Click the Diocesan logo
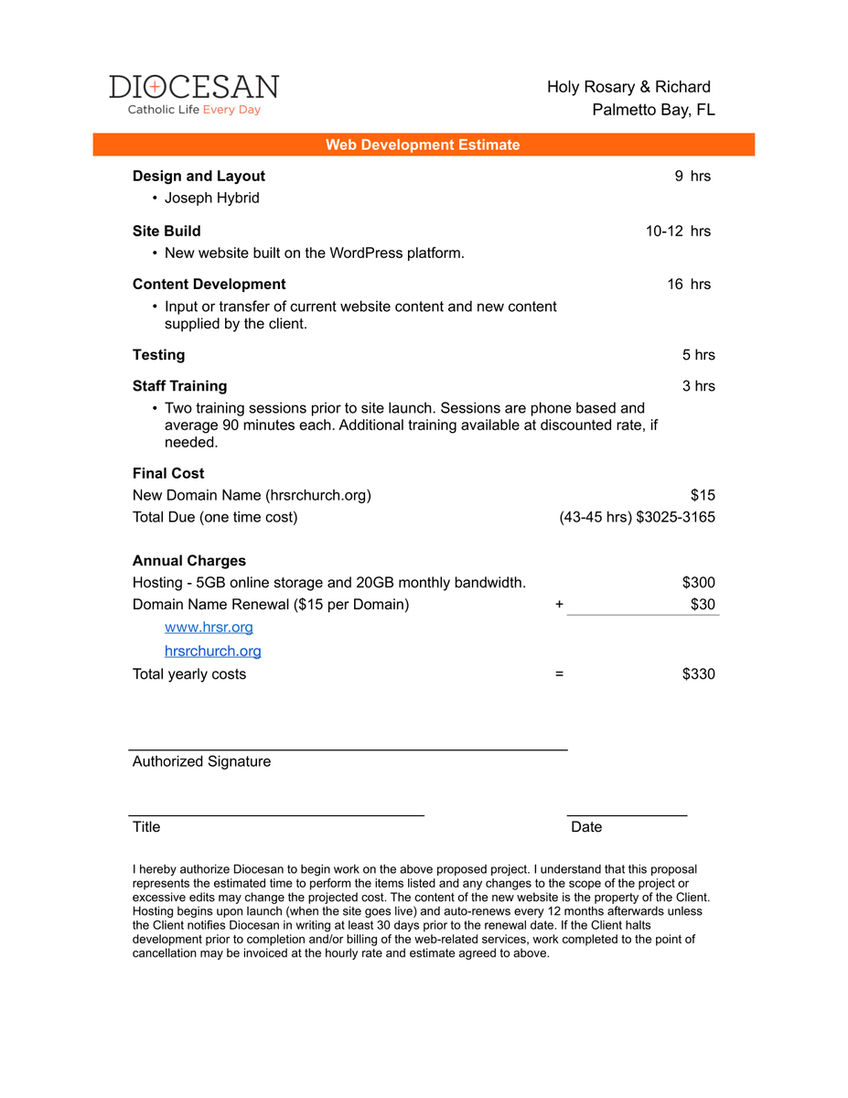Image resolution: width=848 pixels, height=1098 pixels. (x=194, y=94)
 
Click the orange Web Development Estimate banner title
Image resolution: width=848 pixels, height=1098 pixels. (x=423, y=145)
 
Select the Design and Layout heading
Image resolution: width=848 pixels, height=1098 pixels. (x=199, y=176)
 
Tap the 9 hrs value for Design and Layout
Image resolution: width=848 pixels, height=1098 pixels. (x=692, y=176)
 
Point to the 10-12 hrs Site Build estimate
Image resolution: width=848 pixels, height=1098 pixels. (x=678, y=231)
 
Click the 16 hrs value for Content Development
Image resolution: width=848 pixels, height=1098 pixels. (x=689, y=284)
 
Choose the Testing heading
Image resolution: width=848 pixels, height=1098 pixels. (x=158, y=354)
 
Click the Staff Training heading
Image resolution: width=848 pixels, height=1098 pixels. (x=179, y=385)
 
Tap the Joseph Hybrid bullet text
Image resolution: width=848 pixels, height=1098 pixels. (x=211, y=198)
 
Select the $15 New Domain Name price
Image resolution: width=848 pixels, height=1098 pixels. (x=703, y=495)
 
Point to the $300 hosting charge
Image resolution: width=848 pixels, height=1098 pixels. (x=698, y=582)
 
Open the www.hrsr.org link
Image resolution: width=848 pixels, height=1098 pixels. (x=209, y=627)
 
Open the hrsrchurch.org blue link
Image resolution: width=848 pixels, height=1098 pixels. (x=212, y=651)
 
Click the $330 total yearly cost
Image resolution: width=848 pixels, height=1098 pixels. (x=698, y=673)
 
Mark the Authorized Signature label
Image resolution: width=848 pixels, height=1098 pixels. (x=201, y=761)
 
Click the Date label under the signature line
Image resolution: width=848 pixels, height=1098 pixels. (x=586, y=826)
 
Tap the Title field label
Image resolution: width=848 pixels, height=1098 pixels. (x=146, y=826)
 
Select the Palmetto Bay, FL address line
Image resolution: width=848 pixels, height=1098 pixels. (x=653, y=110)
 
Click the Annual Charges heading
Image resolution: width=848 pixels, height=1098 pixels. (x=188, y=560)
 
